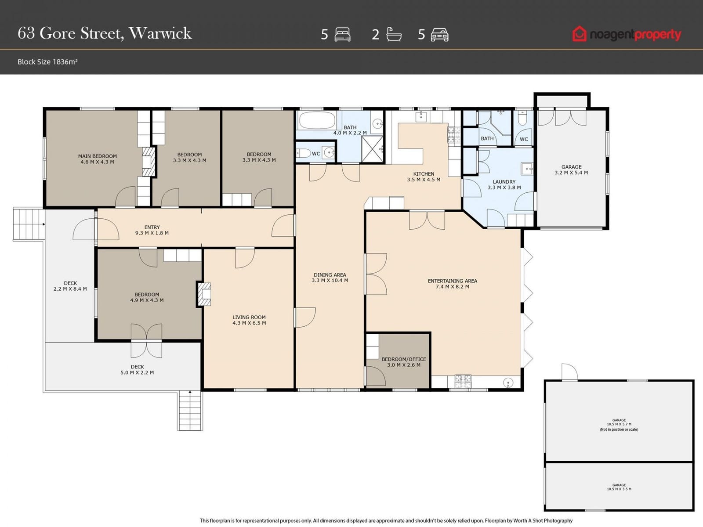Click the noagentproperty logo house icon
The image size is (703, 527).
pos(579,34)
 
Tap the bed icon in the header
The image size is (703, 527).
pos(342,35)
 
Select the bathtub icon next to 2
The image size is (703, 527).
pos(394,34)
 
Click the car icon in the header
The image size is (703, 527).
pos(439,35)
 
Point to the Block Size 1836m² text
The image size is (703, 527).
pos(47,62)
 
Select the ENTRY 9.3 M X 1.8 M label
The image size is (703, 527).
pos(152,230)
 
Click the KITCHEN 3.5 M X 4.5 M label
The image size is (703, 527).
pos(424,177)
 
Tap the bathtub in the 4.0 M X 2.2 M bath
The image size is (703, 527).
pos(317,120)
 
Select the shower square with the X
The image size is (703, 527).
pos(372,149)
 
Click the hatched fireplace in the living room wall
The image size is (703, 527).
pos(204,294)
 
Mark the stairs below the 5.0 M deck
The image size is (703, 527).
pos(190,411)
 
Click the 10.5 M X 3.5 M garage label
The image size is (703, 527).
pos(619,487)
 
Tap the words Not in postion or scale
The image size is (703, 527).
pos(619,430)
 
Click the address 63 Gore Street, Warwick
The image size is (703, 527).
pos(105,33)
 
